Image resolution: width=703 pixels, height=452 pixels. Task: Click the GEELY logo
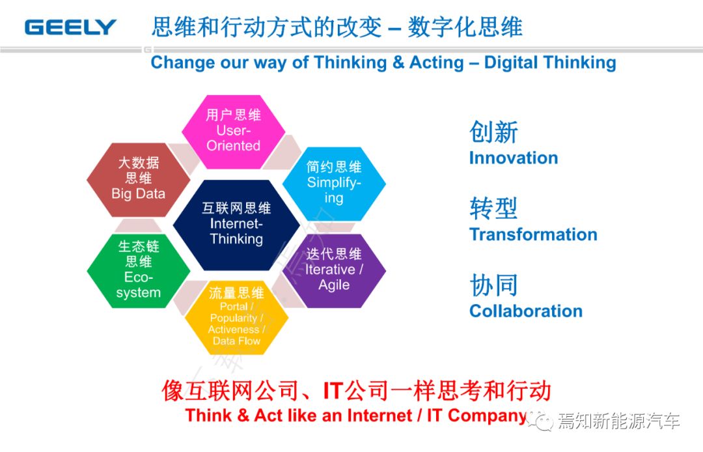pyautogui.click(x=70, y=27)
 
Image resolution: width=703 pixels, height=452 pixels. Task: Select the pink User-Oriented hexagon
pyautogui.click(x=233, y=132)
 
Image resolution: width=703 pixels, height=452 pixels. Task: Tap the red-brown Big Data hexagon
pyautogui.click(x=139, y=180)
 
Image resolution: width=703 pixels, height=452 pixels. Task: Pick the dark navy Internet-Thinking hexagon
pyautogui.click(x=236, y=225)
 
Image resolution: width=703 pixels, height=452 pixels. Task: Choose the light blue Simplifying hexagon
pyautogui.click(x=334, y=184)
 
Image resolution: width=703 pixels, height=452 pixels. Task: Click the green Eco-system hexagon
pyautogui.click(x=139, y=271)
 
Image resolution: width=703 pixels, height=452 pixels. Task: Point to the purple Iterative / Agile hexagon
pyautogui.click(x=334, y=271)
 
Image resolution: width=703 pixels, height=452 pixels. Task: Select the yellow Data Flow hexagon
pyautogui.click(x=236, y=317)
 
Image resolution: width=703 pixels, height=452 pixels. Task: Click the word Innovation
pyautogui.click(x=514, y=158)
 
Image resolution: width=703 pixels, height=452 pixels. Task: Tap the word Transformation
pyautogui.click(x=533, y=234)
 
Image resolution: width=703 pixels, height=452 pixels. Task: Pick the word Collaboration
pyautogui.click(x=526, y=311)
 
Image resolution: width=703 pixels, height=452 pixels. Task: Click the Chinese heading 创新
pyautogui.click(x=493, y=132)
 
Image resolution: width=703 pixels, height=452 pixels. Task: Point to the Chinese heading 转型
pyautogui.click(x=493, y=208)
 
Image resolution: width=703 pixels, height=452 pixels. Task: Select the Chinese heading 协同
pyautogui.click(x=493, y=285)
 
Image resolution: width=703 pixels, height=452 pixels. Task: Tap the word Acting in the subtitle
pyautogui.click(x=436, y=63)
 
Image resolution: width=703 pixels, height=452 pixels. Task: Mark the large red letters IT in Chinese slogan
pyautogui.click(x=333, y=391)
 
